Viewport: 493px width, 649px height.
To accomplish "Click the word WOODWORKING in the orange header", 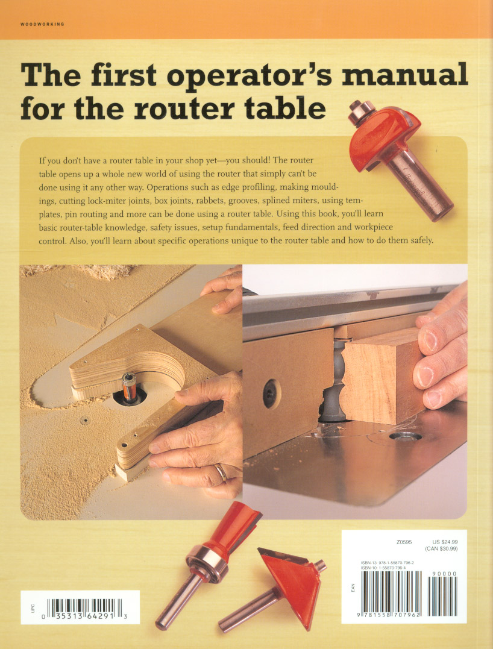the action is (x=42, y=25).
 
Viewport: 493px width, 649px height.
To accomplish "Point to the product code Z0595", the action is (x=404, y=542).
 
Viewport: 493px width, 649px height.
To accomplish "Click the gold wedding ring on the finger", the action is (x=221, y=472).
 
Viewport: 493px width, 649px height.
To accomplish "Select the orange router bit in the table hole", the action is (x=129, y=387).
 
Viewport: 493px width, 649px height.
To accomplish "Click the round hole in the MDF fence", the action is (x=272, y=393).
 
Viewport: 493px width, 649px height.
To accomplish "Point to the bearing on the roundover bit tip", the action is (x=360, y=111).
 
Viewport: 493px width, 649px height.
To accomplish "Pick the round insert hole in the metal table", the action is (x=405, y=436).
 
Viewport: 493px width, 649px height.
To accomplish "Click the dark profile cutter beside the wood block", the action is (x=331, y=381).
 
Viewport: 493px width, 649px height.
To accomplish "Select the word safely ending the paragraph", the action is (x=421, y=240).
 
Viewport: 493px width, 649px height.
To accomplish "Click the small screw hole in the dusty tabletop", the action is (x=84, y=421).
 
